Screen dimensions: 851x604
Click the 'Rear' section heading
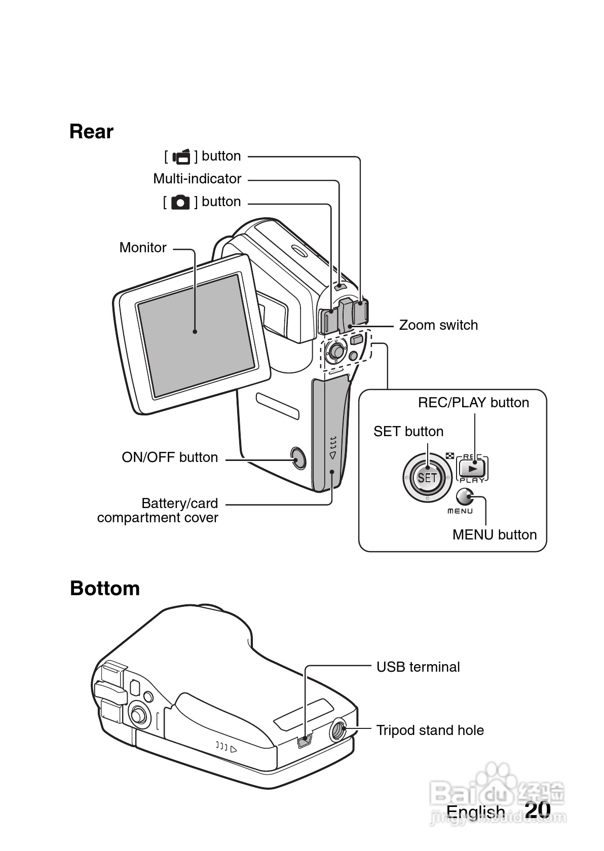tap(91, 132)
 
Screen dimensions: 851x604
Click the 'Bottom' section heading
tap(105, 589)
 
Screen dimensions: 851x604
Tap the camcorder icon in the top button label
tap(181, 157)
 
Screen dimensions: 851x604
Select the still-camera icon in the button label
tap(180, 203)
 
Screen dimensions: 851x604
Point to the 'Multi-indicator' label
tap(197, 179)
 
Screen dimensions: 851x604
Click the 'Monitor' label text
tap(143, 248)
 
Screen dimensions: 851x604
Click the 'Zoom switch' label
tap(438, 325)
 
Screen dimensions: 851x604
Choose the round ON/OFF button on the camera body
tap(298, 458)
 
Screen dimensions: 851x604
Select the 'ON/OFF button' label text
tap(170, 457)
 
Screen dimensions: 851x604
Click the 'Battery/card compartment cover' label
tap(158, 511)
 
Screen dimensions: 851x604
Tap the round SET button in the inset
tap(427, 477)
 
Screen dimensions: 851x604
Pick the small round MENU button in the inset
tap(464, 496)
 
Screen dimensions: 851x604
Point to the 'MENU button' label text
tap(494, 535)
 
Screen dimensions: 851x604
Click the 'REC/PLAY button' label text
tap(473, 403)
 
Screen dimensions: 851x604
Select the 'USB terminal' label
tap(418, 667)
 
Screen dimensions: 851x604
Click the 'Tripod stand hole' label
tap(430, 730)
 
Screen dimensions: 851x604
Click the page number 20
tap(538, 809)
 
